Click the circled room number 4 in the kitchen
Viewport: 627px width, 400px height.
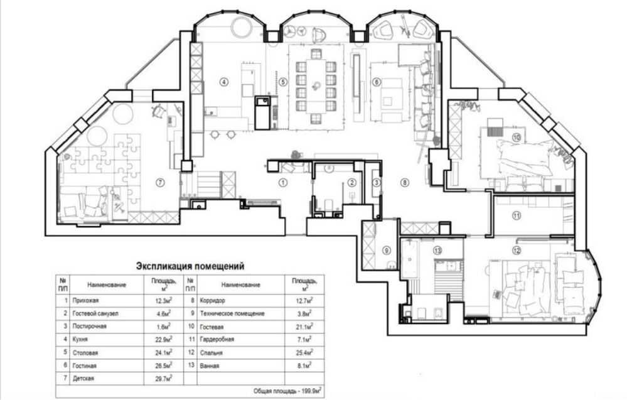[224, 82]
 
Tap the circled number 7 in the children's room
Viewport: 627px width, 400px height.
[160, 183]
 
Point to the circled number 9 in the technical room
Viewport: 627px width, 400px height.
[386, 251]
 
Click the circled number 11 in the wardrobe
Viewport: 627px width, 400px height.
[517, 216]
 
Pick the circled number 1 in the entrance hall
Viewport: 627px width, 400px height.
[283, 183]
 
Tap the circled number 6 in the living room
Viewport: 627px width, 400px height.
[376, 82]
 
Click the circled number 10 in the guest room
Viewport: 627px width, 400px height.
[517, 138]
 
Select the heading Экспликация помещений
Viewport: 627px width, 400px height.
[190, 266]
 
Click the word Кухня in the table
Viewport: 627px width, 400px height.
[80, 339]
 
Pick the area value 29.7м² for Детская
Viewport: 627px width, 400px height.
[163, 378]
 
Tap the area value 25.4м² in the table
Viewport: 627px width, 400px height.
[304, 352]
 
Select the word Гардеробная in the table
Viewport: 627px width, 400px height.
[217, 339]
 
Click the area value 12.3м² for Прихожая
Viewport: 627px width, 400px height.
[163, 300]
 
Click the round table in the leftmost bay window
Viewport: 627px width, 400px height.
[242, 26]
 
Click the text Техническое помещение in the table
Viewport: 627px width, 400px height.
[232, 313]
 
